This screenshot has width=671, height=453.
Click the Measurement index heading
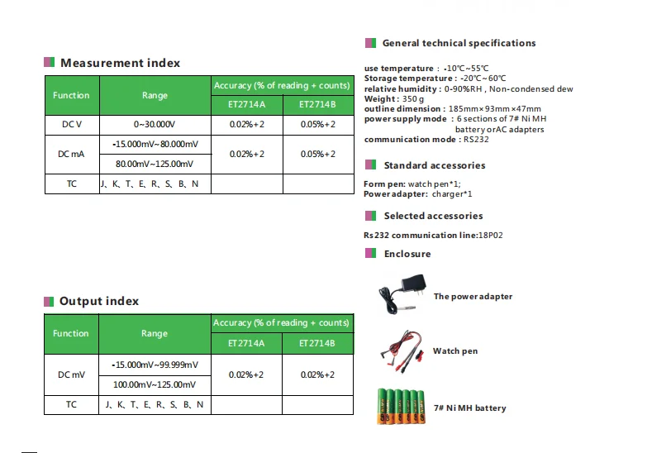click(x=120, y=63)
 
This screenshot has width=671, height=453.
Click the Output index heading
click(x=99, y=301)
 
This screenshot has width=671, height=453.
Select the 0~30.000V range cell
click(x=155, y=124)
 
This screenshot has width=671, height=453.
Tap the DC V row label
click(x=71, y=124)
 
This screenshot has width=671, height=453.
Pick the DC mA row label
click(x=71, y=154)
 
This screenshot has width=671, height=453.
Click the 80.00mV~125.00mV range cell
click(x=155, y=164)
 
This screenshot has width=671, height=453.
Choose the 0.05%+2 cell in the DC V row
click(x=317, y=124)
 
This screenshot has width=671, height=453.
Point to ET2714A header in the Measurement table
click(x=248, y=105)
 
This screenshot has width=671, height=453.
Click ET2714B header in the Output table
click(x=317, y=342)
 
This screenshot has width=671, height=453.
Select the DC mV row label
click(x=71, y=374)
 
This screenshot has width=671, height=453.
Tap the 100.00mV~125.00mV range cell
click(x=155, y=384)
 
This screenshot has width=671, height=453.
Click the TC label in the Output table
click(x=71, y=404)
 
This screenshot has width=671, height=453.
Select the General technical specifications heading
click(x=459, y=43)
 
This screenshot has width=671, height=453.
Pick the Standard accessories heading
click(x=434, y=165)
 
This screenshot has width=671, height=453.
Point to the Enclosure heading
click(x=407, y=254)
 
